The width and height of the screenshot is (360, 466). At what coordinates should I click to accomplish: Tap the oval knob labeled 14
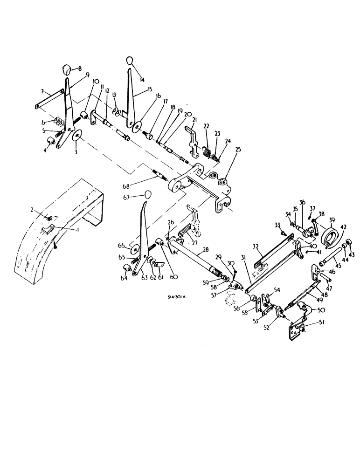tap(130, 61)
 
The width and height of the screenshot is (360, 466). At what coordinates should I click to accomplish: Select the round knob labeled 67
tap(149, 194)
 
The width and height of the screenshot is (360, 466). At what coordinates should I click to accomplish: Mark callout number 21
tap(194, 121)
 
